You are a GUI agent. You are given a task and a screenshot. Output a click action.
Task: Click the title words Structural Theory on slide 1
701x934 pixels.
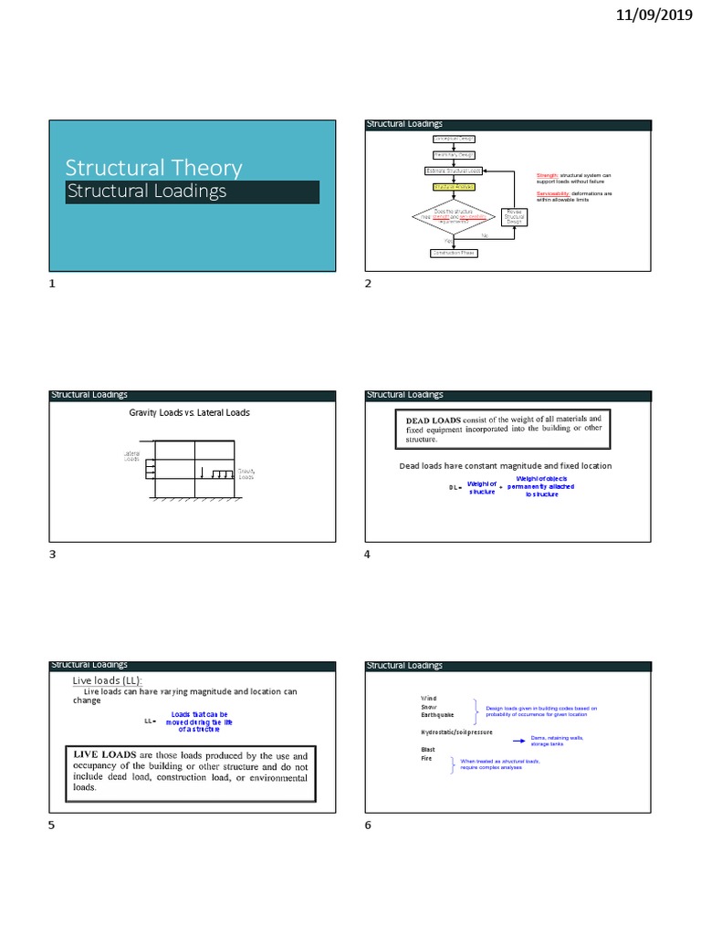pyautogui.click(x=153, y=168)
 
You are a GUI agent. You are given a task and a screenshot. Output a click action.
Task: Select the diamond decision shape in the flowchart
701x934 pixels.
pyautogui.click(x=453, y=217)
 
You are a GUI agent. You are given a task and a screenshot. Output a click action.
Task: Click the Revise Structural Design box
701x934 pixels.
pyautogui.click(x=514, y=217)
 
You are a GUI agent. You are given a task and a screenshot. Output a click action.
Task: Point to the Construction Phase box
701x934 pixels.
pyautogui.click(x=454, y=253)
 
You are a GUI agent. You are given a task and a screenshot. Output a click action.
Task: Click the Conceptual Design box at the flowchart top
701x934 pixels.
pyautogui.click(x=454, y=139)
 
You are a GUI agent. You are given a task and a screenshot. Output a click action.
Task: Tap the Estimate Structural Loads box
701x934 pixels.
pyautogui.click(x=454, y=171)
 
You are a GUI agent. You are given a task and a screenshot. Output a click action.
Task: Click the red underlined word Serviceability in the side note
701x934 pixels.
pyautogui.click(x=553, y=194)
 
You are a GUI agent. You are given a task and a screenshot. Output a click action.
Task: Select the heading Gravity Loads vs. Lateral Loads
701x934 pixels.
pyautogui.click(x=189, y=413)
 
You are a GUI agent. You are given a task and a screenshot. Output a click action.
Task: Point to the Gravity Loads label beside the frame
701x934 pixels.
pyautogui.click(x=246, y=474)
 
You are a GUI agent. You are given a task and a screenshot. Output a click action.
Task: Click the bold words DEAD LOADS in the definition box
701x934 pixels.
pyautogui.click(x=427, y=419)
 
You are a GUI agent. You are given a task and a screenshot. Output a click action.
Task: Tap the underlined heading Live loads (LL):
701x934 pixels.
pyautogui.click(x=108, y=681)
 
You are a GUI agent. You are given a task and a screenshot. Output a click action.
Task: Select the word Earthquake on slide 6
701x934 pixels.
pyautogui.click(x=436, y=714)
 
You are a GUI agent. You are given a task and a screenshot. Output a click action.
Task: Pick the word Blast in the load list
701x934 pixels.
pyautogui.click(x=428, y=749)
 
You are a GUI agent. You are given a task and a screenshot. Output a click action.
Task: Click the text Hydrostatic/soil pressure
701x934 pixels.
pyautogui.click(x=456, y=732)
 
